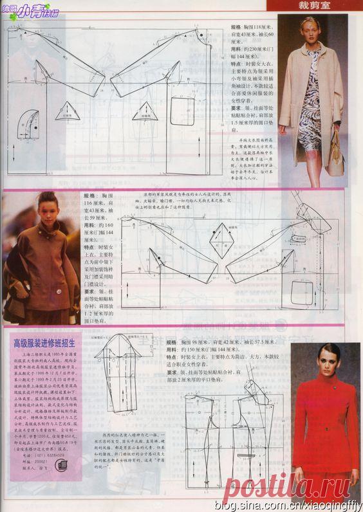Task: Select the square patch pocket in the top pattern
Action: [x=185, y=106]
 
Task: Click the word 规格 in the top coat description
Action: [x=236, y=28]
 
